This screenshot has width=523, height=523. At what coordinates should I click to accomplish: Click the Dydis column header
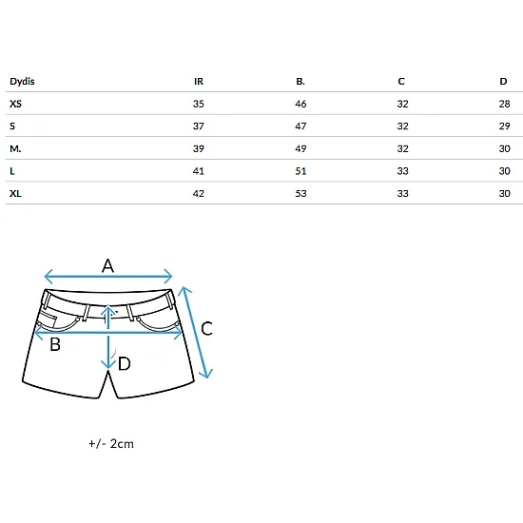pyautogui.click(x=22, y=82)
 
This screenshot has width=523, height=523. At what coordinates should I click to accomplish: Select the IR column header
pyautogui.click(x=199, y=82)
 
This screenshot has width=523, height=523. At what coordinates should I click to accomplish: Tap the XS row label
pyautogui.click(x=15, y=104)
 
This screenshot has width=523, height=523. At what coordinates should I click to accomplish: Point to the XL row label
pyautogui.click(x=15, y=193)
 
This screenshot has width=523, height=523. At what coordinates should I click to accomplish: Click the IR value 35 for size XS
pyautogui.click(x=199, y=104)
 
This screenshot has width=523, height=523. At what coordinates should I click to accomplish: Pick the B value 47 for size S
pyautogui.click(x=300, y=126)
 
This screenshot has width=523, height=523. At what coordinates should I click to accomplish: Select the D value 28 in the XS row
pyautogui.click(x=504, y=104)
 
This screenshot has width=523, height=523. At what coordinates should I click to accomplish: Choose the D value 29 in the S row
pyautogui.click(x=504, y=126)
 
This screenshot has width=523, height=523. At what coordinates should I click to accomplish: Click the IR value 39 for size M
pyautogui.click(x=199, y=148)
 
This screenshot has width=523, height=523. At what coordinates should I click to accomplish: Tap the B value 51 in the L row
pyautogui.click(x=300, y=171)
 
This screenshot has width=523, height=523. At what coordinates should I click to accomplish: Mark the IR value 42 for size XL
pyautogui.click(x=199, y=193)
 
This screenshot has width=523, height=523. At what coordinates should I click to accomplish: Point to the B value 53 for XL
pyautogui.click(x=300, y=193)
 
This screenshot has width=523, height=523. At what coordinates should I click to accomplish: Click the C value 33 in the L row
pyautogui.click(x=402, y=171)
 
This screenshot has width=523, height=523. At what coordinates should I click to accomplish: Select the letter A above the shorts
pyautogui.click(x=107, y=266)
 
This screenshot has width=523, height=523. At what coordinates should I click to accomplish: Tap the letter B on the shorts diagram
pyautogui.click(x=55, y=344)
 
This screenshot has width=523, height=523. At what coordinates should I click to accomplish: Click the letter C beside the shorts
pyautogui.click(x=206, y=329)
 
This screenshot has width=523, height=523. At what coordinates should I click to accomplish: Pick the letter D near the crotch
pyautogui.click(x=125, y=363)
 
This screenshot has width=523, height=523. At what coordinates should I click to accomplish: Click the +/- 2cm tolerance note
pyautogui.click(x=111, y=444)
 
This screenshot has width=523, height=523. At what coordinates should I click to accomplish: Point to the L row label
pyautogui.click(x=12, y=171)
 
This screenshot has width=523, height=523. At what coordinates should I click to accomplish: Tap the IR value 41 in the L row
pyautogui.click(x=199, y=171)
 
